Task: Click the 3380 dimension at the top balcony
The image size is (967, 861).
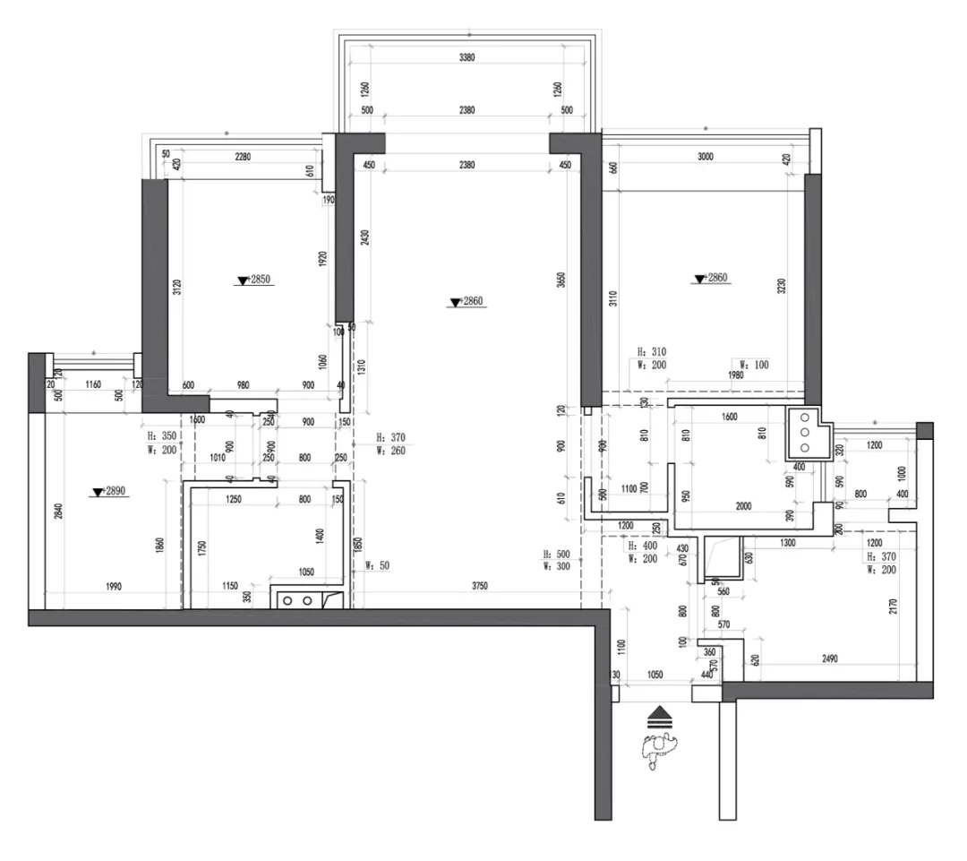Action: (466, 57)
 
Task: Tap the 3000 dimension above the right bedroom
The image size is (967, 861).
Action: (705, 157)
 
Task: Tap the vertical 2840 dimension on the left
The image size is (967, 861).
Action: (56, 512)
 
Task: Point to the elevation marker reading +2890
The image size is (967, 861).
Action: (110, 492)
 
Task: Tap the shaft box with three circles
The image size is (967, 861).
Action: (802, 432)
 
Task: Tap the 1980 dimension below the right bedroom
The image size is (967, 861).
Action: (736, 375)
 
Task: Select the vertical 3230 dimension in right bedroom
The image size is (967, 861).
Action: (781, 288)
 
